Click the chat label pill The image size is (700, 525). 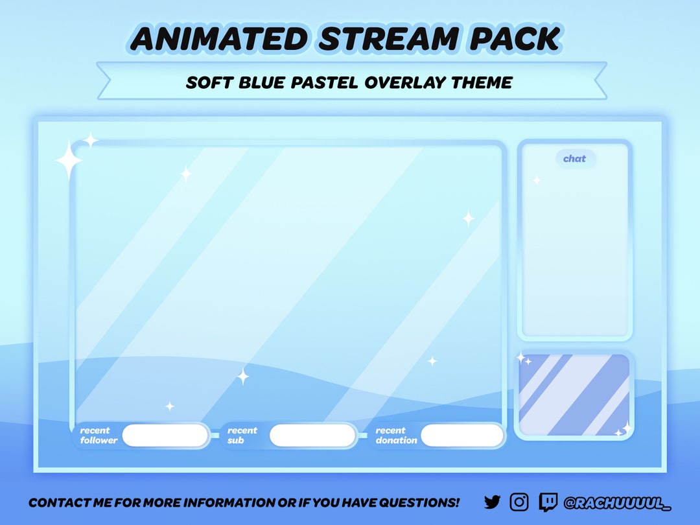574,159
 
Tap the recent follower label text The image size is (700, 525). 99,436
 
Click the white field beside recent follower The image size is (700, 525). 165,436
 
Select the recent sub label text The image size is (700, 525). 242,436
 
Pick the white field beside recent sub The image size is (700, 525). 312,436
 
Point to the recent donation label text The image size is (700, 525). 396,436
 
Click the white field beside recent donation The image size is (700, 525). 462,436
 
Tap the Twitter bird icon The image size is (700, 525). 493,502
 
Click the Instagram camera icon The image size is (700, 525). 519,502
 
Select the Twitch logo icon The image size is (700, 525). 548,502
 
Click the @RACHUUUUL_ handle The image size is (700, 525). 617,502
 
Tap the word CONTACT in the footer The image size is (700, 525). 54,502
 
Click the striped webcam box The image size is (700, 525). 574,395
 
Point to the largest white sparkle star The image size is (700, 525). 68,160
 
